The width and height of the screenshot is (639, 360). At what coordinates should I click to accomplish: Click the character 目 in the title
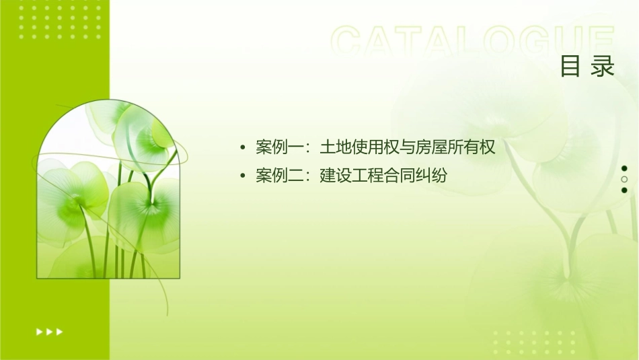click(x=570, y=67)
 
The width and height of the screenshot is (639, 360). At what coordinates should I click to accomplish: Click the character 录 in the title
click(x=603, y=67)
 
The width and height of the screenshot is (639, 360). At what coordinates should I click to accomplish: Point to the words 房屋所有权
click(x=455, y=147)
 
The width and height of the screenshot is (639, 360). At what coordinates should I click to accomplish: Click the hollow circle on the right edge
click(x=624, y=180)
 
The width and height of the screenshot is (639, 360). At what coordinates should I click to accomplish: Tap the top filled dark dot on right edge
click(x=624, y=168)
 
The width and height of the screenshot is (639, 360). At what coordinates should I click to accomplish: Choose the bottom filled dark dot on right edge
click(x=624, y=190)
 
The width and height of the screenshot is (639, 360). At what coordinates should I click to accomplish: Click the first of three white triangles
click(x=39, y=331)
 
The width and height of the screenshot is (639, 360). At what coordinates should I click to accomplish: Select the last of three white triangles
click(x=60, y=331)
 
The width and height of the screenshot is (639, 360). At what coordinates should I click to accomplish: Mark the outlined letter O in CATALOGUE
click(x=500, y=42)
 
